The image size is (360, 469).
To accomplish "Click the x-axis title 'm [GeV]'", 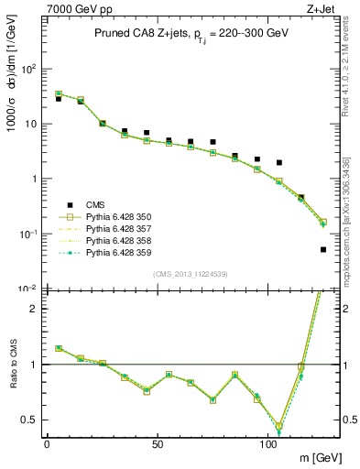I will [x=320, y=456].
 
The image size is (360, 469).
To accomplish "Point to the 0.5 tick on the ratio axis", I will [x=32, y=420].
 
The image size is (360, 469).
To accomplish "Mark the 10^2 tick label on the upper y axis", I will [x=30, y=69].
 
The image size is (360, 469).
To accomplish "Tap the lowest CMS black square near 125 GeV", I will [x=323, y=249].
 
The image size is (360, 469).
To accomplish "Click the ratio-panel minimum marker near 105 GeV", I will [x=278, y=427].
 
